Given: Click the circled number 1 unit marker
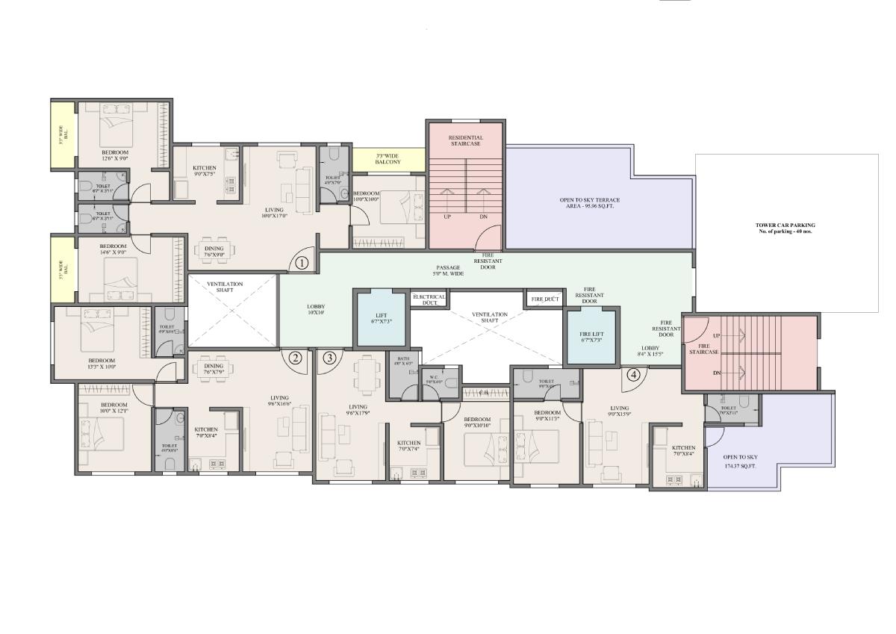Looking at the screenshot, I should coord(302,263).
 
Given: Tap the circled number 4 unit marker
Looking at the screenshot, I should coord(634,375).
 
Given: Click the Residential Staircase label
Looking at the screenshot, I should coord(466,140).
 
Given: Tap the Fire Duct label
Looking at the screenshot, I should coord(545,299).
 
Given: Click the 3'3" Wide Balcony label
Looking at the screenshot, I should coord(388,158).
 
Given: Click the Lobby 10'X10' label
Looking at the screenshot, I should coord(316,310).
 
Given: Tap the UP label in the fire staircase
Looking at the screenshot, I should coord(717,335).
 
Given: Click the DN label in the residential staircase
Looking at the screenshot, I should coord(483,217).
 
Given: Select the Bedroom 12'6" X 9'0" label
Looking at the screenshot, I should coord(115,155).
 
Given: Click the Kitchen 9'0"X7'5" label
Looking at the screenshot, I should coord(205,171).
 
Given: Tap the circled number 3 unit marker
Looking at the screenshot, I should coord(330,358).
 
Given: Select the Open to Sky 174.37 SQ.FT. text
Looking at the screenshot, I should coord(740,461).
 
